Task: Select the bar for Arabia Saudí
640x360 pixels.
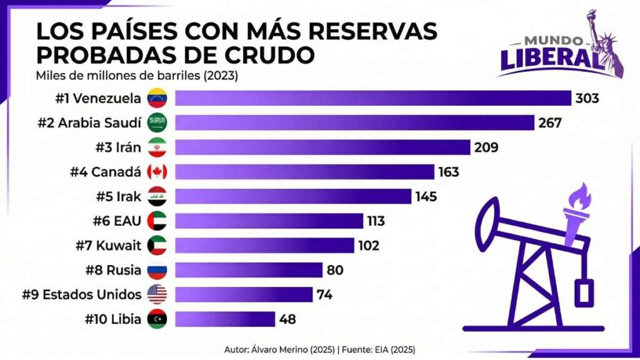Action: [x=354, y=122]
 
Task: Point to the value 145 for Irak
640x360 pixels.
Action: [x=426, y=196]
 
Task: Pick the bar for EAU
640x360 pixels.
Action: [x=269, y=221]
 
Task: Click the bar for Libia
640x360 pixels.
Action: [x=225, y=319]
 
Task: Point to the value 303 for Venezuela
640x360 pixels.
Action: [x=587, y=98]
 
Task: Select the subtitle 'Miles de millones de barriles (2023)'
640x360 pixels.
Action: [x=138, y=76]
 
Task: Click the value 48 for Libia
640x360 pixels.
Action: [x=287, y=319]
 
